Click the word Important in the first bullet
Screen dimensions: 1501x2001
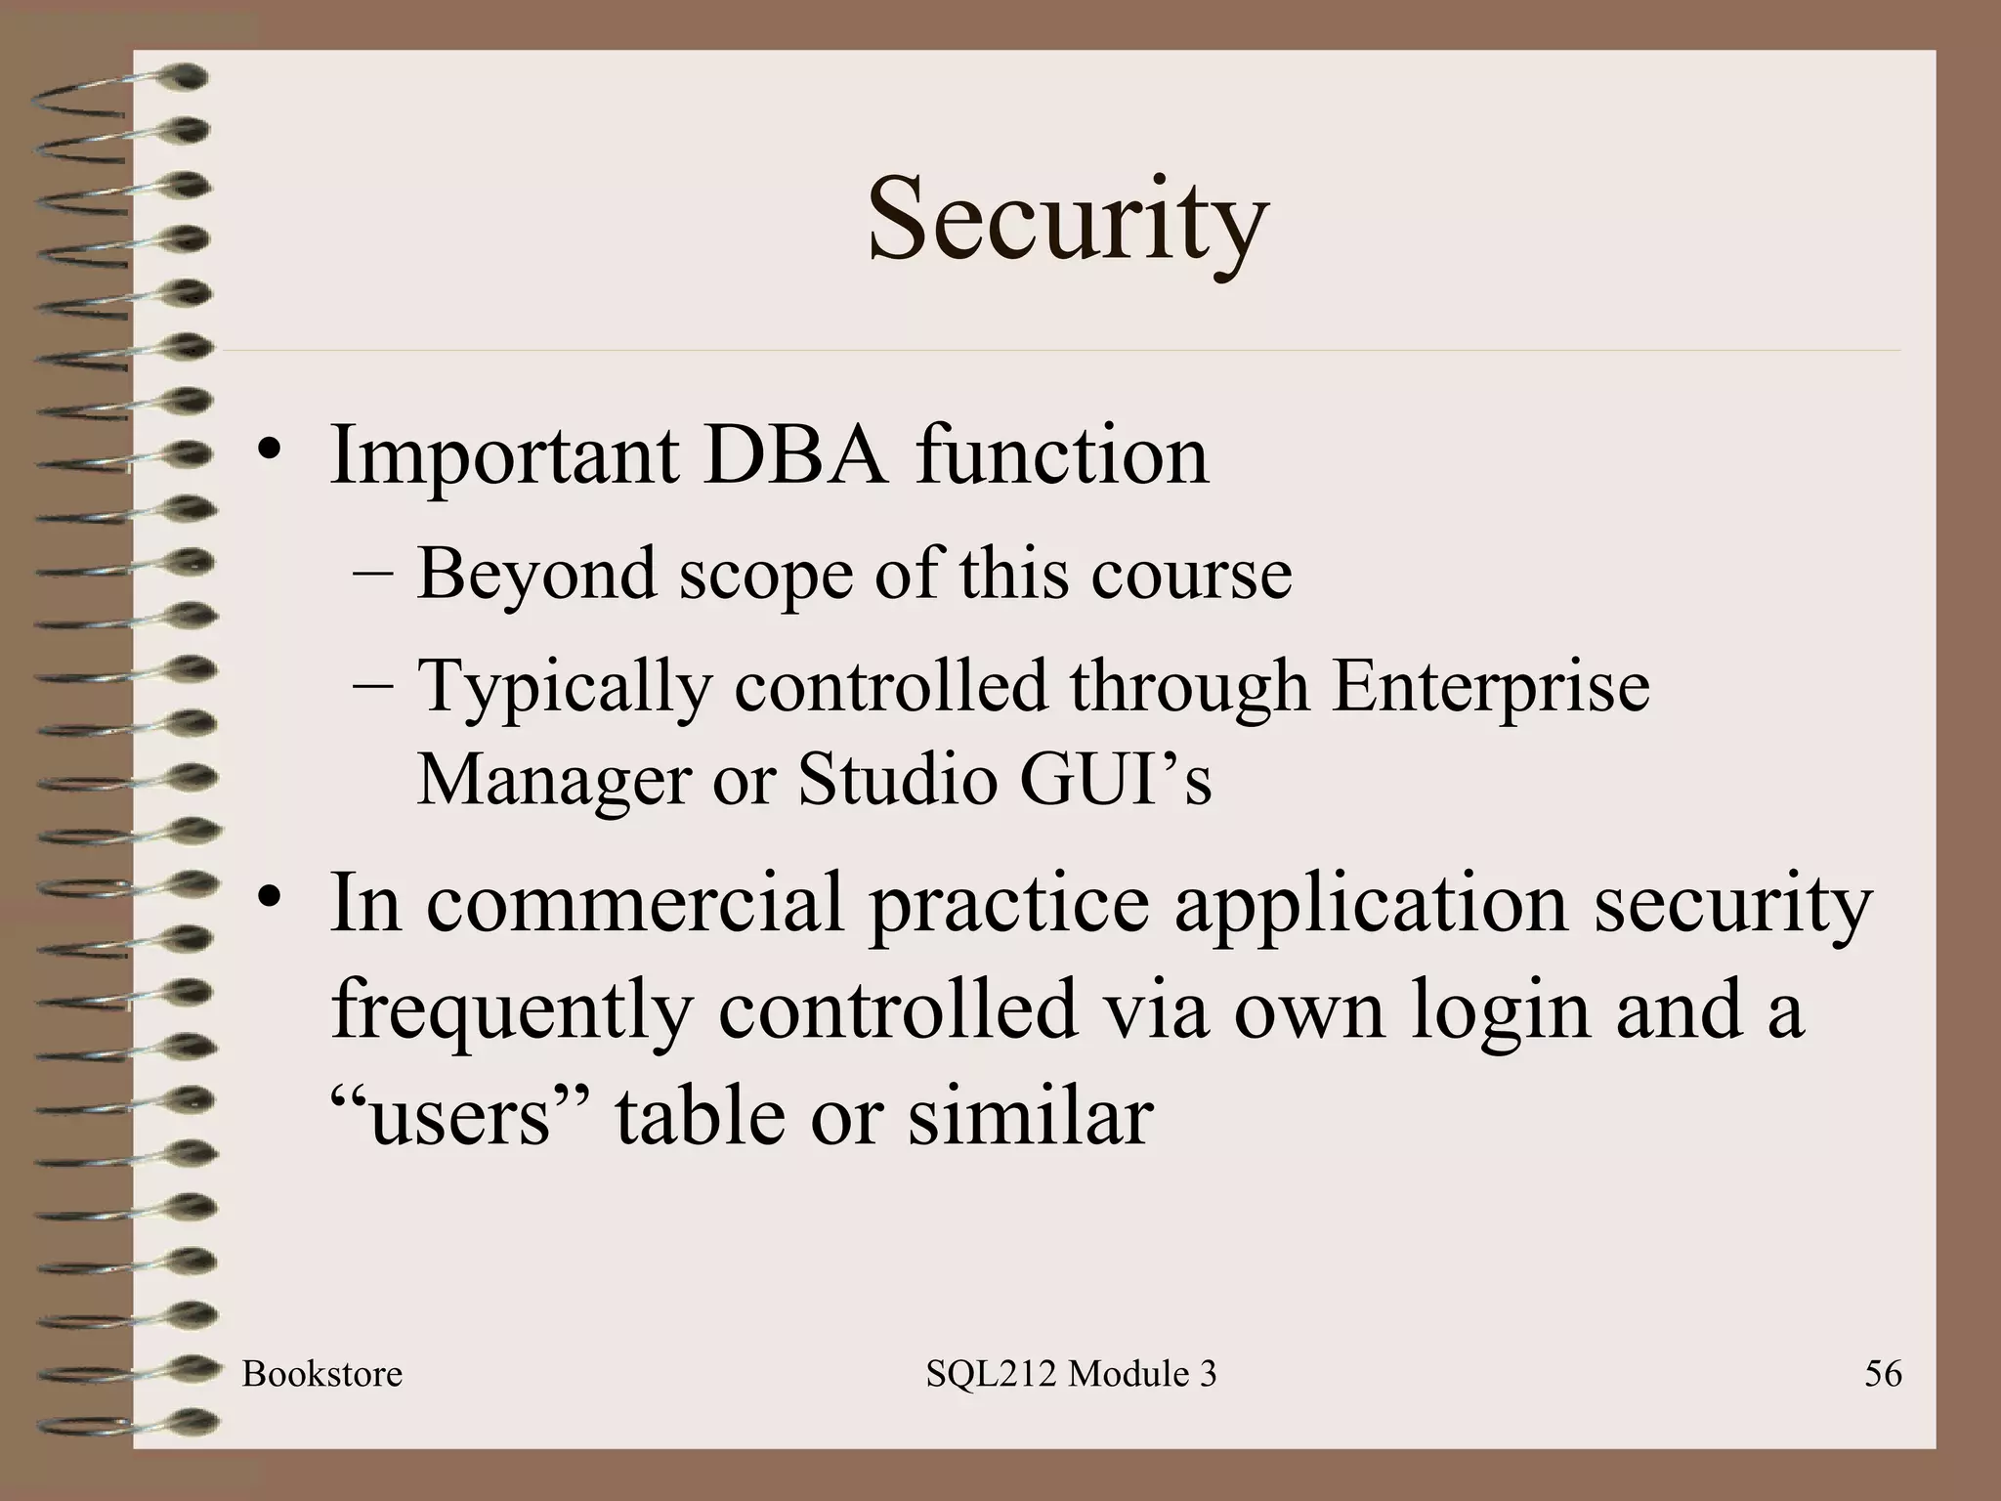504,456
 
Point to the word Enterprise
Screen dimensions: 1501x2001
1491,687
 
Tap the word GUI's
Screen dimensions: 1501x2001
1115,779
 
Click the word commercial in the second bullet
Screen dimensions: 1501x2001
635,904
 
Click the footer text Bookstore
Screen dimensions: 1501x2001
322,1374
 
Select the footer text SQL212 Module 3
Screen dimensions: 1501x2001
1071,1374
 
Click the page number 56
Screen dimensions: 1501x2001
1883,1374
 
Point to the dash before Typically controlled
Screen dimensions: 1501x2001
372,685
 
